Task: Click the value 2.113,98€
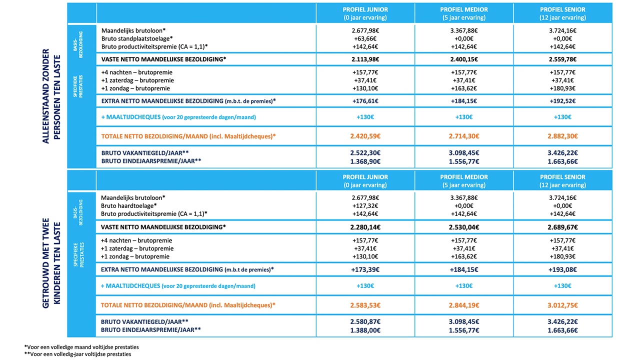[365, 59]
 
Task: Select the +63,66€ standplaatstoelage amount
[365, 38]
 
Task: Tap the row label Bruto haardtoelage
[129, 205]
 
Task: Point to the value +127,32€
[365, 205]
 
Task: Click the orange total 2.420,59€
[365, 136]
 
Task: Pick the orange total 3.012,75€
[562, 305]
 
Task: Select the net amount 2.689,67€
[562, 227]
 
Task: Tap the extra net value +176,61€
[365, 101]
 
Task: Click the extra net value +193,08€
[562, 269]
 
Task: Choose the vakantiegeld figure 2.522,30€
[365, 153]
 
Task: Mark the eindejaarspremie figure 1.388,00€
[365, 330]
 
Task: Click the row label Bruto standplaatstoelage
[137, 38]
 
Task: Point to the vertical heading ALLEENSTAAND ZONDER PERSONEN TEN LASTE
[51, 96]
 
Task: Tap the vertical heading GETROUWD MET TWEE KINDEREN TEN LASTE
[51, 263]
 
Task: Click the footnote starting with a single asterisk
[81, 347]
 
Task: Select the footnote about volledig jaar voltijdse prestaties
[77, 354]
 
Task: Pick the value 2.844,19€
[463, 305]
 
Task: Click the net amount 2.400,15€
[463, 59]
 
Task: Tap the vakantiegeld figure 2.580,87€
[365, 321]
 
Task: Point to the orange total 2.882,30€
[562, 136]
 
